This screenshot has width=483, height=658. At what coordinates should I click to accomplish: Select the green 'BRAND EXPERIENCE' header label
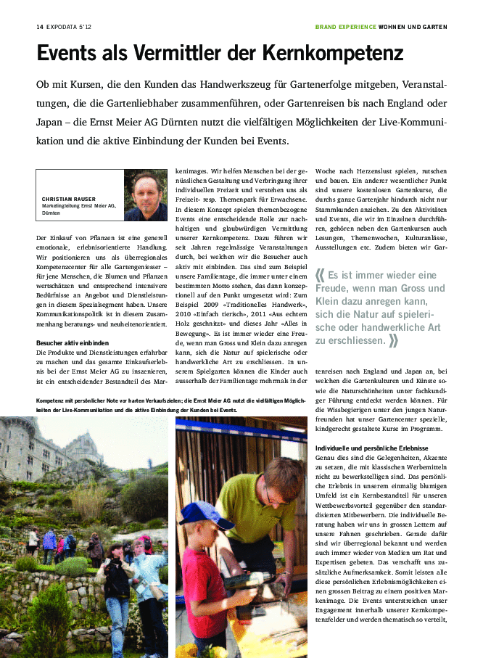345,27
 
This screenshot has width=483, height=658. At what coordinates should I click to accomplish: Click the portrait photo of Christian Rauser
146,195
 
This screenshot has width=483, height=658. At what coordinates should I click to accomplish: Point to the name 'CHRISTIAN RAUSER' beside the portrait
69,199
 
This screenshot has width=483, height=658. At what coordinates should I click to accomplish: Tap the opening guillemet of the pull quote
321,275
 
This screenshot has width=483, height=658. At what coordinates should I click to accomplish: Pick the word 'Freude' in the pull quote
334,288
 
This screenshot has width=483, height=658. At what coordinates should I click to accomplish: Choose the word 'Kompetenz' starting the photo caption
51,400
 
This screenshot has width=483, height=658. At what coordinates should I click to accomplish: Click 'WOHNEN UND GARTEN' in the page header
413,27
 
